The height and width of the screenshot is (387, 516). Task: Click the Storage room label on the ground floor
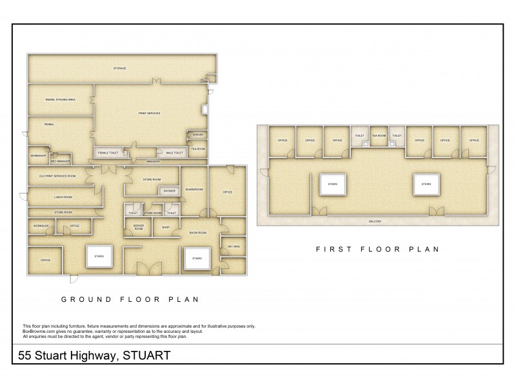(x=119, y=68)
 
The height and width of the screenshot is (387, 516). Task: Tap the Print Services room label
(x=149, y=113)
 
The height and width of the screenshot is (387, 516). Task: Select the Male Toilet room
(x=175, y=152)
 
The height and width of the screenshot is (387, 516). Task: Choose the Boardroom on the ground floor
(x=194, y=190)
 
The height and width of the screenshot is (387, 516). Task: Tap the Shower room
(x=170, y=191)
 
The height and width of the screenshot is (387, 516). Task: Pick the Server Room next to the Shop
(x=138, y=227)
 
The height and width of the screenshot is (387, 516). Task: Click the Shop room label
(x=165, y=227)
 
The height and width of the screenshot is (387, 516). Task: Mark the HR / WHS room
(x=233, y=246)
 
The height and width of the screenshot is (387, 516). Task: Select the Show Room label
(x=197, y=232)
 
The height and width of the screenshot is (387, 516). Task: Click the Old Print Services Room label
(x=57, y=176)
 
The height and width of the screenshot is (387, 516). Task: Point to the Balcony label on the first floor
(x=375, y=221)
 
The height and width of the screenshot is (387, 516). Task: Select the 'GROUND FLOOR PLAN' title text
(x=129, y=299)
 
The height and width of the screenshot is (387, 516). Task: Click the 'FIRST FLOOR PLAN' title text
(x=377, y=248)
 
